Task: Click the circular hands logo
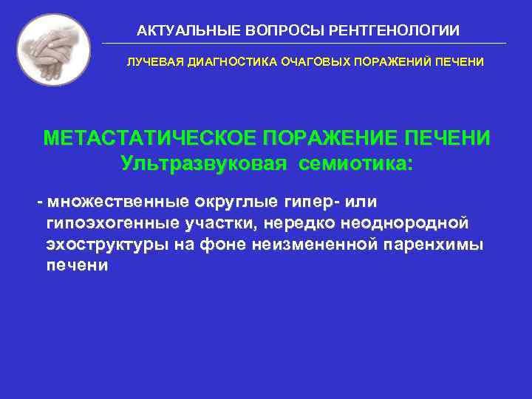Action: (x=53, y=50)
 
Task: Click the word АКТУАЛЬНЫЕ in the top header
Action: (x=177, y=31)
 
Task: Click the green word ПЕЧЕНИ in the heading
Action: (x=451, y=139)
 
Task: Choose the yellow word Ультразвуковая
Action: (x=204, y=163)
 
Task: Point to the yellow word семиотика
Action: (x=356, y=163)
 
